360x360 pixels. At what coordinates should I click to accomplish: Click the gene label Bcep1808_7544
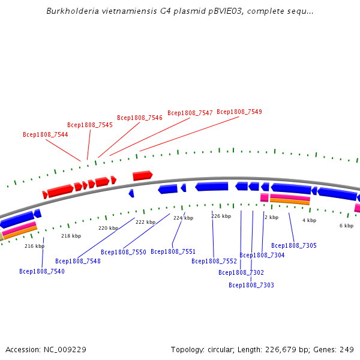click(x=46, y=134)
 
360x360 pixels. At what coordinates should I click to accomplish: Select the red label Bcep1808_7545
click(x=90, y=125)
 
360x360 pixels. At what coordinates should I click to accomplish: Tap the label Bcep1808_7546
click(x=140, y=118)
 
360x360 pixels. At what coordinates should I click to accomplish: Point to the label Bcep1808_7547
click(x=190, y=113)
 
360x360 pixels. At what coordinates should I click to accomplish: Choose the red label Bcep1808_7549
click(x=239, y=112)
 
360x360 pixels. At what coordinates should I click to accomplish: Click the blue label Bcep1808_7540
click(x=42, y=271)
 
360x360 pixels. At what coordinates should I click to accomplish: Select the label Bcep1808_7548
click(x=78, y=261)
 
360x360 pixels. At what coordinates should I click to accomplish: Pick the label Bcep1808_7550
click(x=124, y=252)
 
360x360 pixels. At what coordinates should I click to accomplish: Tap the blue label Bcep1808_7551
click(x=173, y=251)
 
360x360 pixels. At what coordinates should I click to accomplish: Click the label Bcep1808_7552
click(x=214, y=261)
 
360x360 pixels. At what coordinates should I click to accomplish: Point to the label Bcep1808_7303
click(x=251, y=285)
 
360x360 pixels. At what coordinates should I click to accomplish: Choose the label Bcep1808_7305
click(x=294, y=245)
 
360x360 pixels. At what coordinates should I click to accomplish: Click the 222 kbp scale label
click(x=145, y=222)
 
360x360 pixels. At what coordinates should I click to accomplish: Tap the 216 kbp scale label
click(x=34, y=246)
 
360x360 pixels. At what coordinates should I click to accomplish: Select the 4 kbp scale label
click(x=309, y=220)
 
